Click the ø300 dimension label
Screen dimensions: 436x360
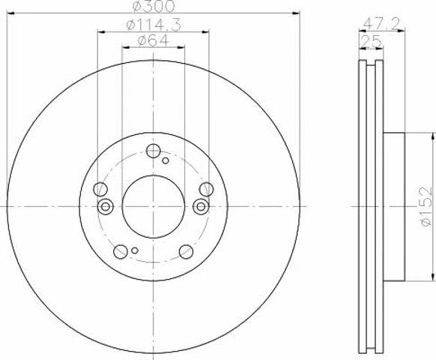click(154, 6)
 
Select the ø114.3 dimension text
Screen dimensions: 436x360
click(154, 25)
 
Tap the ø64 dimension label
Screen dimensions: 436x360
click(154, 40)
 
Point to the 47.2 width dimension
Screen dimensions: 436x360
click(381, 24)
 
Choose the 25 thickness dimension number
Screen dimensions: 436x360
click(371, 42)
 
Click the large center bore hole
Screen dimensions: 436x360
click(154, 206)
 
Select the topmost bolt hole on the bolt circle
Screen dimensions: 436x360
click(154, 151)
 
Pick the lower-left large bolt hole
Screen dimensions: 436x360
click(121, 252)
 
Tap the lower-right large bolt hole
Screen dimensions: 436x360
click(187, 252)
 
